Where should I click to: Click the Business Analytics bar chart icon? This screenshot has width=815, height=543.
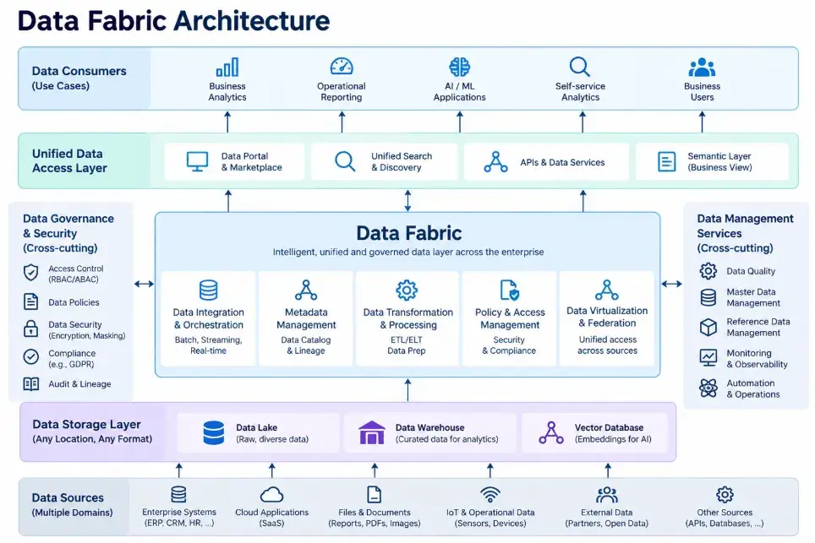pyautogui.click(x=227, y=68)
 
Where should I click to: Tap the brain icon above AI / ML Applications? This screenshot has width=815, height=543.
pyautogui.click(x=459, y=67)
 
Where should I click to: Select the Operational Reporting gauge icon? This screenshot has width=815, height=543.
pyautogui.click(x=342, y=67)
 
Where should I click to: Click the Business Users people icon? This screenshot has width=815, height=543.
pyautogui.click(x=702, y=68)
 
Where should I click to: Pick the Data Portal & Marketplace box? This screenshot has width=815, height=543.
pyautogui.click(x=234, y=162)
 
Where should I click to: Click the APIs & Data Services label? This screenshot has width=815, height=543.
pyautogui.click(x=562, y=162)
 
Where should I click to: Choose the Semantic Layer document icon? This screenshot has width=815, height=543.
pyautogui.click(x=666, y=162)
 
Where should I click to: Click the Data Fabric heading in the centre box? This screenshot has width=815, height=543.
pyautogui.click(x=409, y=233)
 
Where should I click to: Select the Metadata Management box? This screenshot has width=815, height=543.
pyautogui.click(x=306, y=318)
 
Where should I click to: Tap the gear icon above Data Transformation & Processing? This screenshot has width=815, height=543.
pyautogui.click(x=407, y=291)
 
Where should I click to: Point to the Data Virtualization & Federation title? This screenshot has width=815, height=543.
pyautogui.click(x=607, y=317)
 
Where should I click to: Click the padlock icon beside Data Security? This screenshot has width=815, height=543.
pyautogui.click(x=30, y=329)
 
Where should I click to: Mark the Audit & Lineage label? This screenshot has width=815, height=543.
pyautogui.click(x=79, y=384)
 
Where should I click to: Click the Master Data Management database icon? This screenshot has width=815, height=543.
pyautogui.click(x=708, y=297)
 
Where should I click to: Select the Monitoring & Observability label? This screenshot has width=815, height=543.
pyautogui.click(x=757, y=359)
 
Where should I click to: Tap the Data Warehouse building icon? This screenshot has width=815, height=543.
pyautogui.click(x=372, y=432)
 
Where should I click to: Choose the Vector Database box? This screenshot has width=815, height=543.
pyautogui.click(x=594, y=432)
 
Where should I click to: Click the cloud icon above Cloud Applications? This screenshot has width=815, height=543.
pyautogui.click(x=272, y=495)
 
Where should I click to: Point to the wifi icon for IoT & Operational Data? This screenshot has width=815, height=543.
pyautogui.click(x=490, y=495)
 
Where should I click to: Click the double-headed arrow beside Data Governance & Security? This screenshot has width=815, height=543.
pyautogui.click(x=144, y=284)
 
